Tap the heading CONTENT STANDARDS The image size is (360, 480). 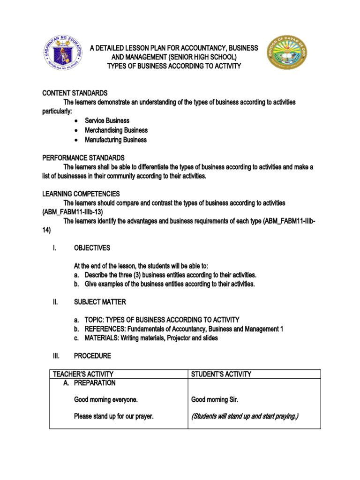(x=75, y=93)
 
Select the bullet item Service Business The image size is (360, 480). (x=107, y=120)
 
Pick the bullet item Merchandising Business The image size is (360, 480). (x=116, y=130)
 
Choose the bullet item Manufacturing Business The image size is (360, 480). (x=116, y=140)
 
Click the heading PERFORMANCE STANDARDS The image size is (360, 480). (x=83, y=157)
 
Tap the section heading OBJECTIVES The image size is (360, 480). (x=92, y=248)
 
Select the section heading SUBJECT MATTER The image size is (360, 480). (x=100, y=302)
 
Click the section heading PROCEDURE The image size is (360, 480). (x=92, y=356)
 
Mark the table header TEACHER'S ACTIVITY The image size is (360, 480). (x=83, y=374)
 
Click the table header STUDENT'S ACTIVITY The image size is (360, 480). (x=221, y=374)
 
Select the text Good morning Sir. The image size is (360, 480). (x=215, y=400)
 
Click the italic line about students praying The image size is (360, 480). (x=245, y=416)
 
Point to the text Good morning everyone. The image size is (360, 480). (x=106, y=400)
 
